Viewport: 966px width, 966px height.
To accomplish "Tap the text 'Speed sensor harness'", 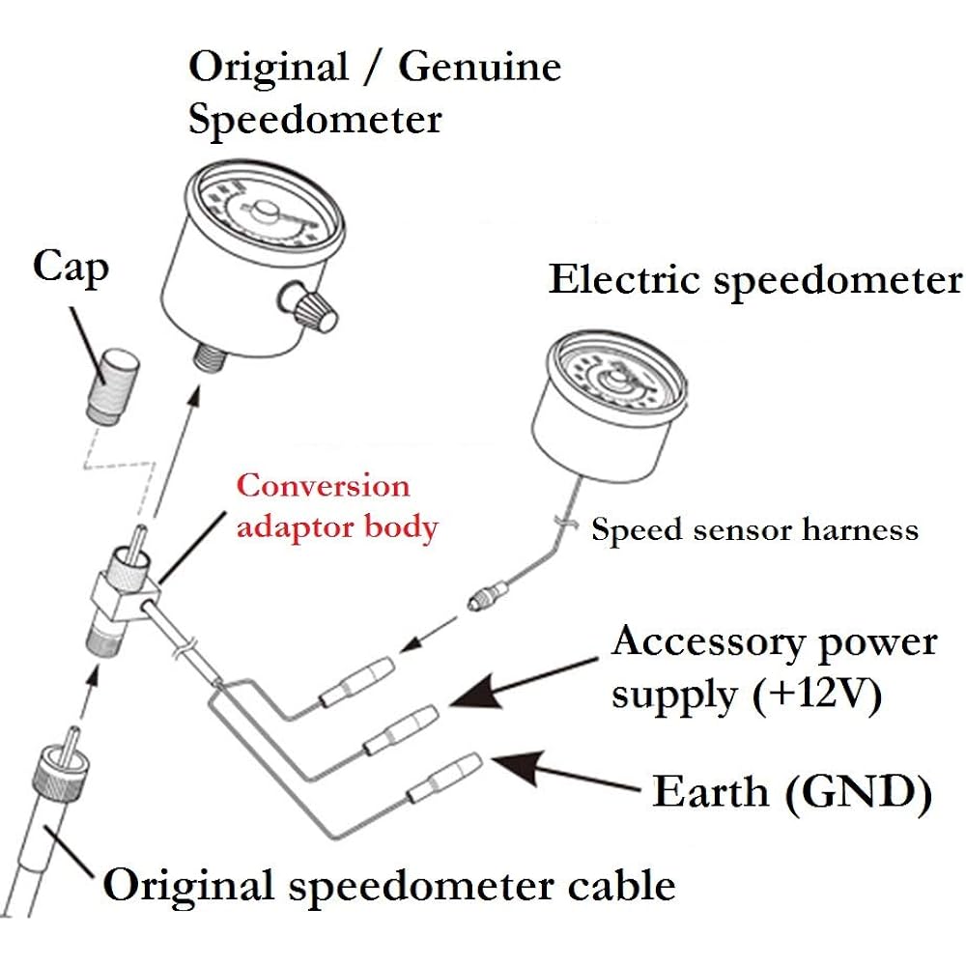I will (754, 529).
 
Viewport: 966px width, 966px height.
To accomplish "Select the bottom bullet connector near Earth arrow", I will (443, 779).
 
